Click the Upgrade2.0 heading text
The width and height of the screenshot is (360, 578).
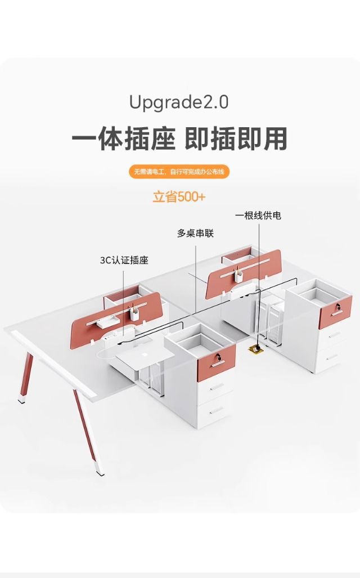[x=179, y=103]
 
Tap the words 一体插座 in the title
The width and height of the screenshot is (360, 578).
[x=123, y=139]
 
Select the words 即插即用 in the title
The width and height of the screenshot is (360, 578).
[x=236, y=139]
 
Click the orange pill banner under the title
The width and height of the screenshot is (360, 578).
[x=179, y=172]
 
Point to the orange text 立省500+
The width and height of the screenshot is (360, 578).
[x=179, y=197]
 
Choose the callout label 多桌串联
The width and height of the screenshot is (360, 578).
[x=195, y=233]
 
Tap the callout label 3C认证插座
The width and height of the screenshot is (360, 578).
[x=124, y=260]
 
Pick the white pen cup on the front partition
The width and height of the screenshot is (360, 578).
[x=134, y=313]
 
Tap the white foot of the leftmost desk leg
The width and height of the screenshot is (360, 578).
[x=22, y=401]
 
